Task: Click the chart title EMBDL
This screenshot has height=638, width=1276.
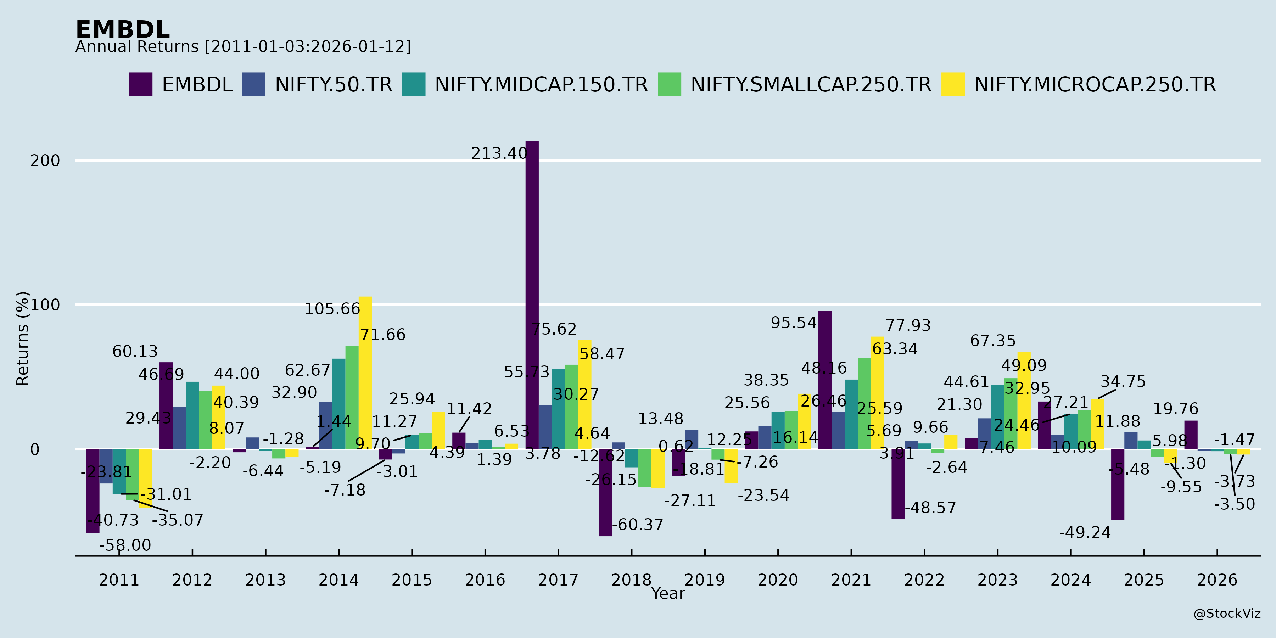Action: pos(122,30)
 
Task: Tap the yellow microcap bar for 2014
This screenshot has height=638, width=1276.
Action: pos(365,373)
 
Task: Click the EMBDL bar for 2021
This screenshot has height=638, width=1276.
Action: pos(825,380)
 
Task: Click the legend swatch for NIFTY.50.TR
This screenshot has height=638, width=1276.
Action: pos(253,84)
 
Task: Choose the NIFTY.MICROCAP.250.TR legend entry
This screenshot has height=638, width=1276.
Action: pos(1095,85)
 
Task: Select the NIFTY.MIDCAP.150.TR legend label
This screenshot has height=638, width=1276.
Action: pos(541,85)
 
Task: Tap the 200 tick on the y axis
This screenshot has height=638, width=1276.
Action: pos(45,161)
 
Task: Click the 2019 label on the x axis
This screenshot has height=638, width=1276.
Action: pos(704,580)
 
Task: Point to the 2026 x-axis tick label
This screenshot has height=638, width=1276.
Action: pos(1217,580)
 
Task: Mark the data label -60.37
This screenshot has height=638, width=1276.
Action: pos(638,525)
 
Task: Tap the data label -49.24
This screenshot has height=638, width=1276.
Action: pos(1085,532)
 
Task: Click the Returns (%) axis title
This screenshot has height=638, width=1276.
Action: pos(23,338)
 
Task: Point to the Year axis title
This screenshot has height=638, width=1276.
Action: pos(668,593)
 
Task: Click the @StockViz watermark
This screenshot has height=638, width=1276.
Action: pos(1226,614)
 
